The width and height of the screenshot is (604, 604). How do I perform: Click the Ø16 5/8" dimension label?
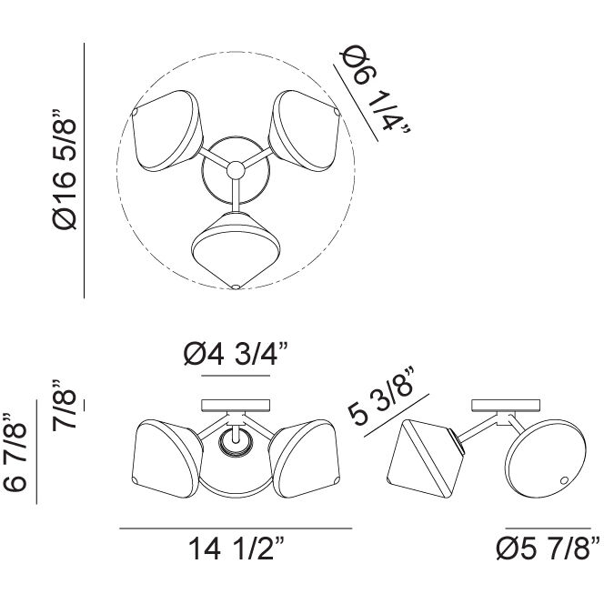click(65, 169)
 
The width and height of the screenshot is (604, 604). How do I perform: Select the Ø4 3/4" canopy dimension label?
click(236, 354)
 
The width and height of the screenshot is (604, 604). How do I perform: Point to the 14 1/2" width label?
click(236, 549)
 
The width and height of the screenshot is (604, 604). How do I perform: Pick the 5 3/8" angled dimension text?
click(381, 397)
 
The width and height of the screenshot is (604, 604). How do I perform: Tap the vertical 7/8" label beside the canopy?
click(64, 405)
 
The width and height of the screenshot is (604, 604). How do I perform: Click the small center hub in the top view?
click(236, 169)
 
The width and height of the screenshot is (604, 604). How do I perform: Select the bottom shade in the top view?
click(236, 250)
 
